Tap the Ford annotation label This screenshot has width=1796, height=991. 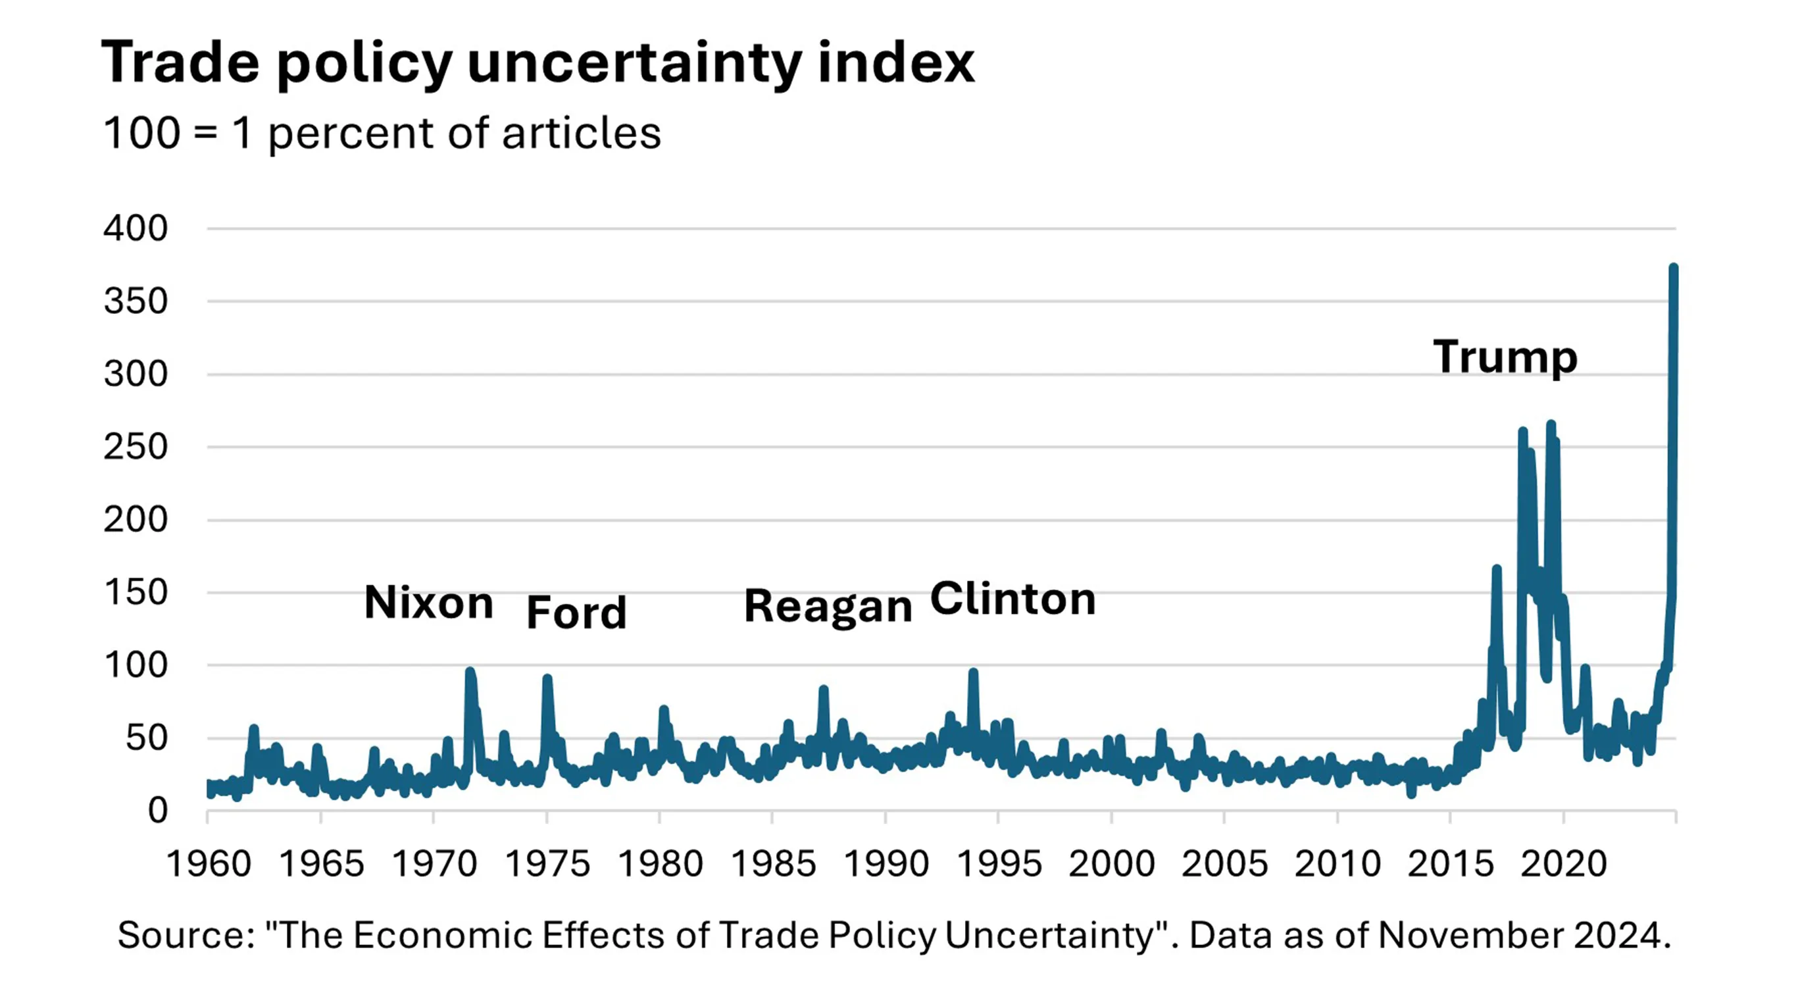[576, 613]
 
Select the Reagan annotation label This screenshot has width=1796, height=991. [828, 605]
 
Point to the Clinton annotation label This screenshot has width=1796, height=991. [1012, 598]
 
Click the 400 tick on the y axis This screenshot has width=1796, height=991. [136, 228]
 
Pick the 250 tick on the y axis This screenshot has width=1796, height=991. [136, 447]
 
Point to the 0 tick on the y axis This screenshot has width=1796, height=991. [158, 811]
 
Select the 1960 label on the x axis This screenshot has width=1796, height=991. [209, 864]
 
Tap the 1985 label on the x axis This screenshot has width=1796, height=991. [773, 864]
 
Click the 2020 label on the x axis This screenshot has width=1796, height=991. [1563, 864]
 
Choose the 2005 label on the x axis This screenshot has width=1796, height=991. [1224, 864]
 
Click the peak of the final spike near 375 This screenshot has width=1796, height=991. [1673, 267]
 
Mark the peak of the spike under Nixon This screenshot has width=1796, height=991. [470, 672]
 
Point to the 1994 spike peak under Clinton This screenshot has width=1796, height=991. [973, 673]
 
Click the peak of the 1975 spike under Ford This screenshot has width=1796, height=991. [547, 678]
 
